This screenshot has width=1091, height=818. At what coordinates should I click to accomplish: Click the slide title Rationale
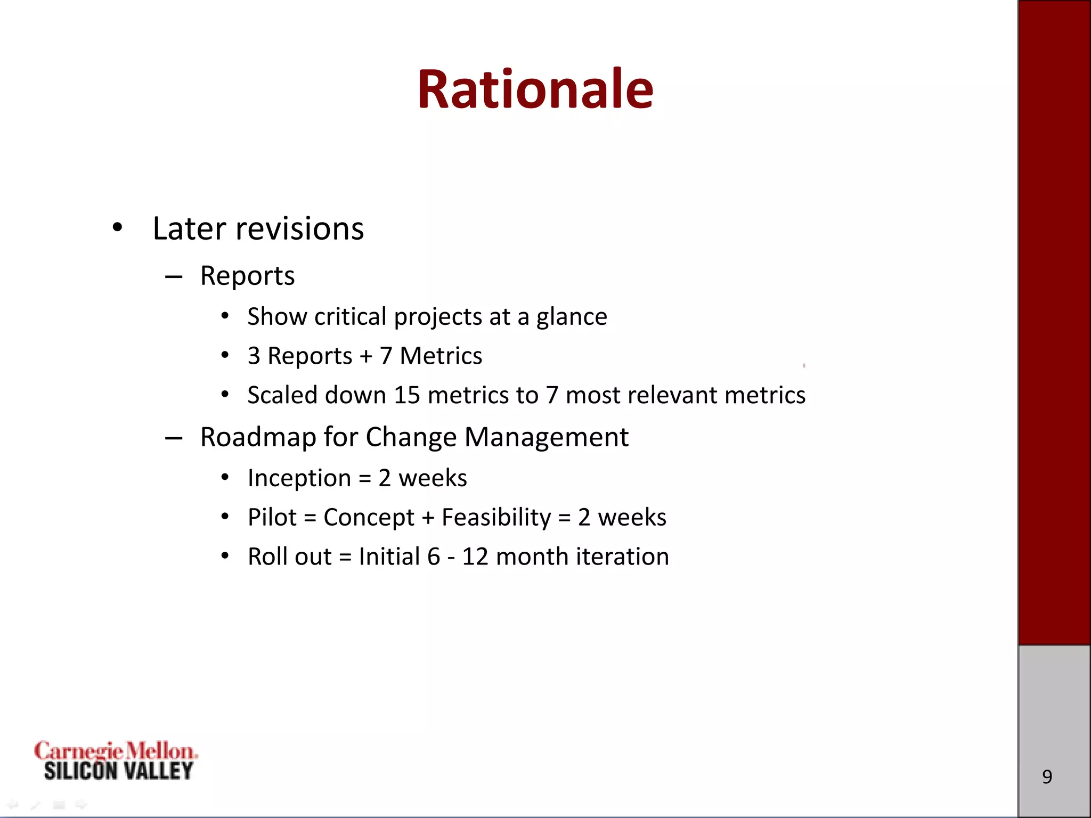(x=535, y=89)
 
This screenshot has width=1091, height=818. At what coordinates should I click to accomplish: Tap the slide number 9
(x=1047, y=776)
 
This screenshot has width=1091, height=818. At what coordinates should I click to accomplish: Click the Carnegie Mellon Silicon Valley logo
(x=116, y=760)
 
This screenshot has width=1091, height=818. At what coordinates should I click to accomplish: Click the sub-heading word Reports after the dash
(x=247, y=276)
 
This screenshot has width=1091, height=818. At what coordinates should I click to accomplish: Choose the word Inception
(x=299, y=478)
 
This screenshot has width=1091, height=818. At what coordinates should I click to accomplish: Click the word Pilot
(x=272, y=517)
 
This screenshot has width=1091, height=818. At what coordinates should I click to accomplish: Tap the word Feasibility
(x=496, y=517)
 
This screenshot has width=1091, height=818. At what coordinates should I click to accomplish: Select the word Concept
(x=369, y=518)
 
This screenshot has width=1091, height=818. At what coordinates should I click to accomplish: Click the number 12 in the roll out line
(x=475, y=557)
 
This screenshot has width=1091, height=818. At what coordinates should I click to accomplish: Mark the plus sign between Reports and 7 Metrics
(x=366, y=356)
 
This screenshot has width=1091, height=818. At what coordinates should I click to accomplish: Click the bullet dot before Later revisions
(x=117, y=228)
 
